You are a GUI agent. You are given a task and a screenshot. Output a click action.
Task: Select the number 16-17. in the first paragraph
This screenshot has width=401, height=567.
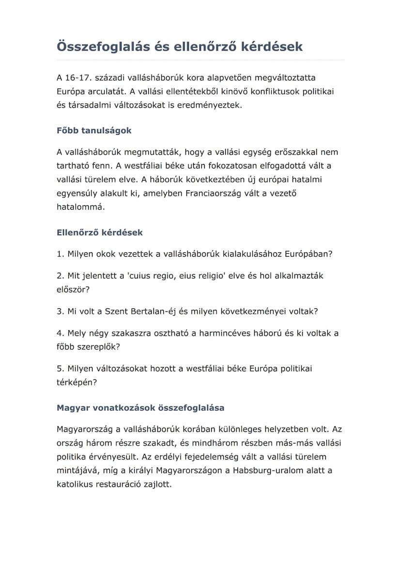pos(77,77)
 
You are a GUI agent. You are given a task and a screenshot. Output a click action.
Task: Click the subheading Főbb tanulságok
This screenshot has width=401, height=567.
pos(94,131)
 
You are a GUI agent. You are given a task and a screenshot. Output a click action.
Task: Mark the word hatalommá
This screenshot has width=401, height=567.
pos(80,207)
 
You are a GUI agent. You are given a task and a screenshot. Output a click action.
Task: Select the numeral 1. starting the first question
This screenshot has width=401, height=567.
pos(60,254)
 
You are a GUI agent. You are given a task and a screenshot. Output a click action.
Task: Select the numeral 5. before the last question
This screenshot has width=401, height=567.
pos(60,368)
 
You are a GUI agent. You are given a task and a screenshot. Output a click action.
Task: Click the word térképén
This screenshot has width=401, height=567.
pos(77,382)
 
